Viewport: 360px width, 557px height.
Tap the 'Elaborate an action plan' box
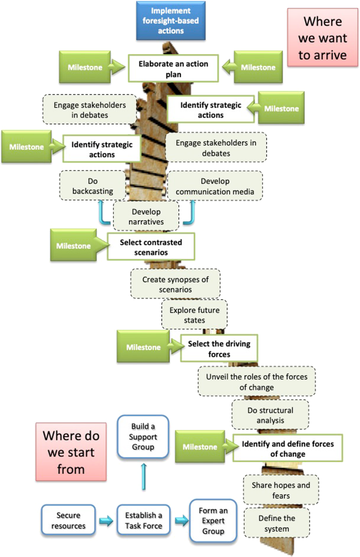173,69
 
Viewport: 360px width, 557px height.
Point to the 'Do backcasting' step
93,186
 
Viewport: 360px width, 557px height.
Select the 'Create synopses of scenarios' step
175,284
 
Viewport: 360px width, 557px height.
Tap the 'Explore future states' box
194,315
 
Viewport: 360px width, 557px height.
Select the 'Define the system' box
276,523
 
